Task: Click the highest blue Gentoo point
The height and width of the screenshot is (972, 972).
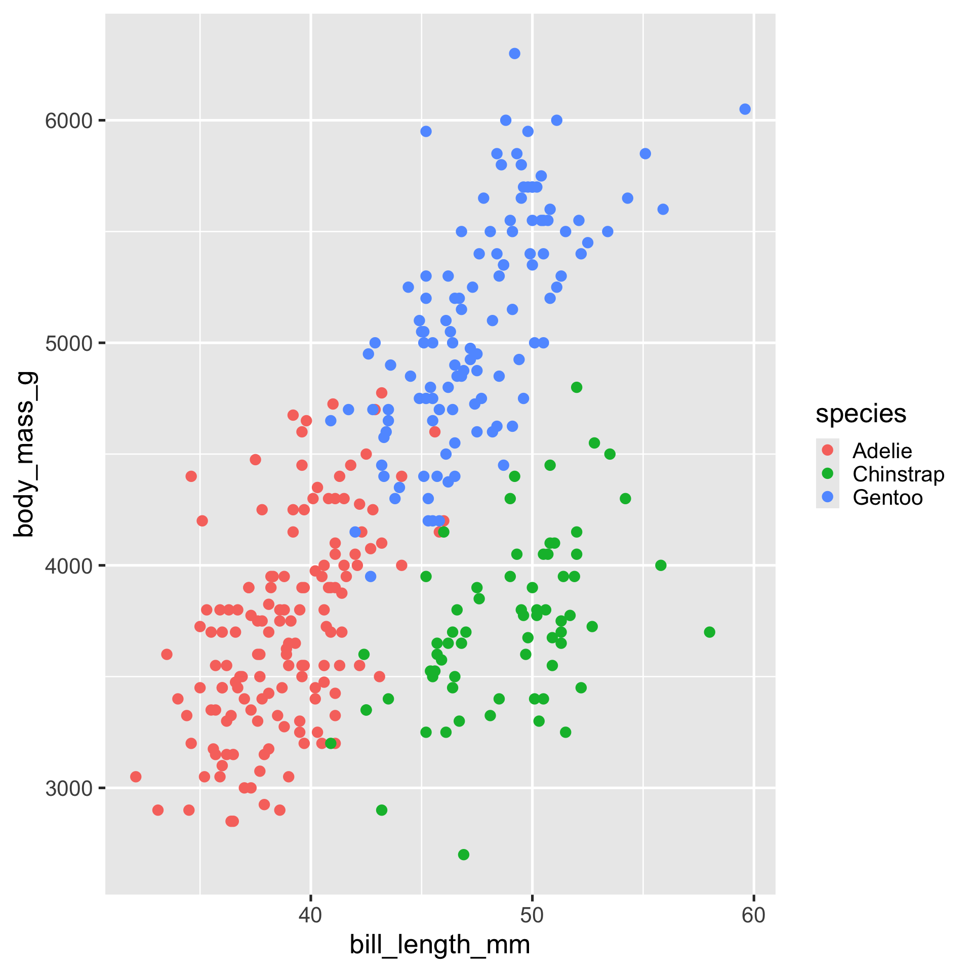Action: (514, 54)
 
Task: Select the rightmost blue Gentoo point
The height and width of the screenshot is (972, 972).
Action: (745, 109)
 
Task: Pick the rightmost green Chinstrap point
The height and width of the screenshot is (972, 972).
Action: (709, 632)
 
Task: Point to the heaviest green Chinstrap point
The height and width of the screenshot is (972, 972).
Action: (576, 387)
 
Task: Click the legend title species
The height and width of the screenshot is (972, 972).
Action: (861, 414)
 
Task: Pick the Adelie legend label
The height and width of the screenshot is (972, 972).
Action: (882, 451)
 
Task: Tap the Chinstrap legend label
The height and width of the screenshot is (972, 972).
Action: (898, 474)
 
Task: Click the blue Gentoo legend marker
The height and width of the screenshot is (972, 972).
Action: (828, 497)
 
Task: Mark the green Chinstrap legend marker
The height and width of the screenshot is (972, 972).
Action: (828, 474)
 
